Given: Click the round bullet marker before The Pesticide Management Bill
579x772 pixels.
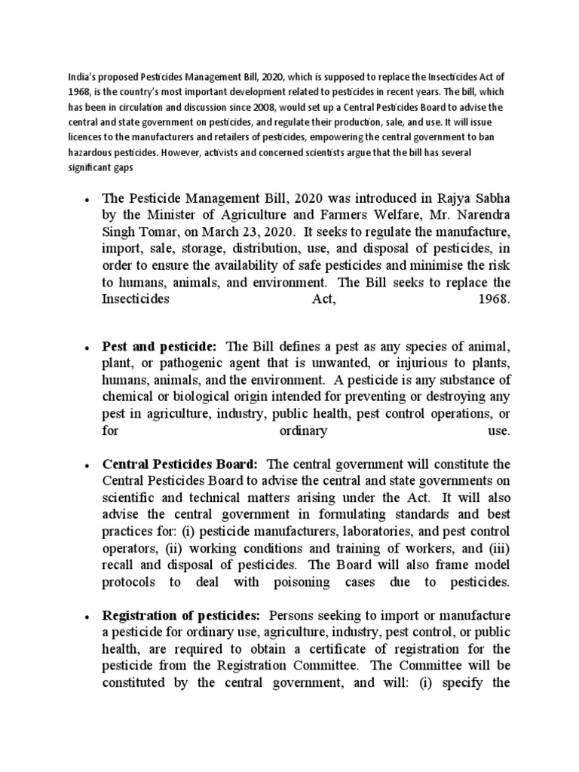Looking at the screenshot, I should pos(89,201).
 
